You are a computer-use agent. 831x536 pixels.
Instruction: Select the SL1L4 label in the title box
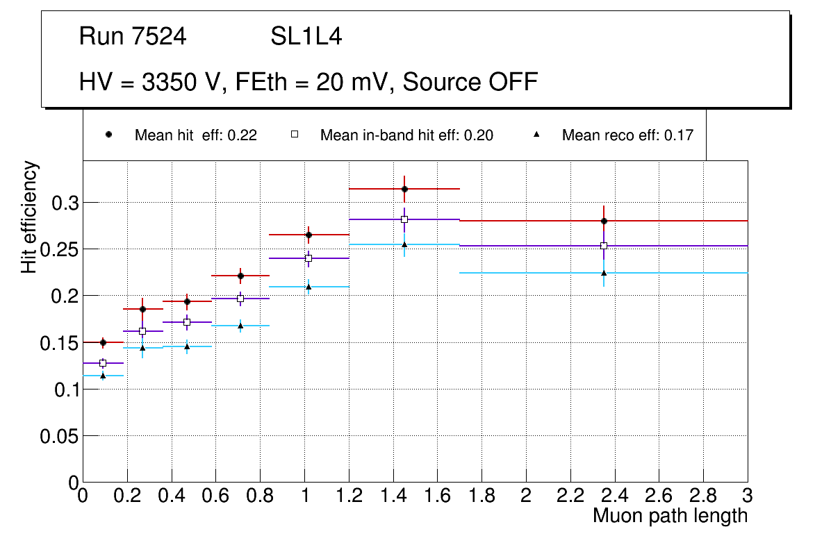[306, 37]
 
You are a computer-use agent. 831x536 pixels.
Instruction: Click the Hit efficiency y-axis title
[29, 217]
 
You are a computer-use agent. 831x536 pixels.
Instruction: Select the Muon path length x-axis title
[670, 516]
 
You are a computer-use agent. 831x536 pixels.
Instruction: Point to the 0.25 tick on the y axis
[60, 249]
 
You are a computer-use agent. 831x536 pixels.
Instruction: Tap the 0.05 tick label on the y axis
[60, 436]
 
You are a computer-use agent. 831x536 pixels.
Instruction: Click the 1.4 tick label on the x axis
[393, 496]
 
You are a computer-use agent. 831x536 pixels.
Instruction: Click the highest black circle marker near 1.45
[404, 189]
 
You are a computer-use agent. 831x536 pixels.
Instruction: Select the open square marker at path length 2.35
[604, 246]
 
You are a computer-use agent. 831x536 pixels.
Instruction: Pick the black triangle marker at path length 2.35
[604, 273]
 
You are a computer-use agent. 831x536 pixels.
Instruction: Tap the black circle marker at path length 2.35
[604, 221]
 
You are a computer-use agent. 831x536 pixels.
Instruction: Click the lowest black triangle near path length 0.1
[103, 376]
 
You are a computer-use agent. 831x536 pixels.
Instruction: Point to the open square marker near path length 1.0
[308, 258]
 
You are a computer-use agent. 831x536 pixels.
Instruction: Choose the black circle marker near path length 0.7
[240, 276]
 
